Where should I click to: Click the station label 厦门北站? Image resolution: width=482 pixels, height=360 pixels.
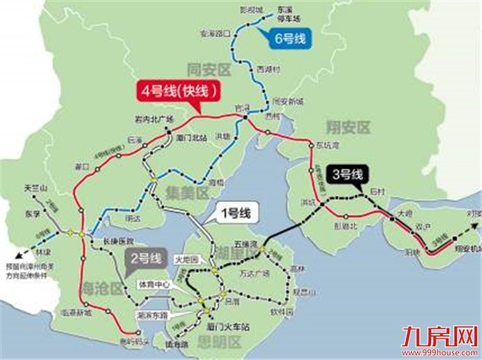coord(190,137)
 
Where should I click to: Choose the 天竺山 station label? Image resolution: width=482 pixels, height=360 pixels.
coord(36,188)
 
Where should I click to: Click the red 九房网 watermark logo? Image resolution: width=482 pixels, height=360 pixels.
coord(436,336)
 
